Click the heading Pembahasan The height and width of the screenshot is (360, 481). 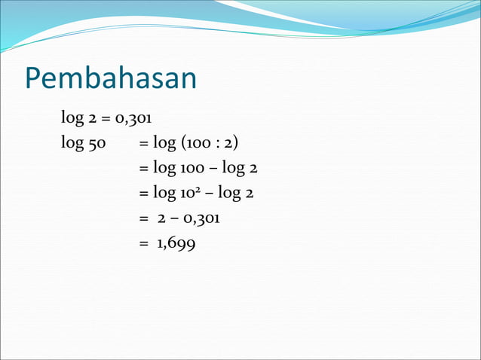point(111,78)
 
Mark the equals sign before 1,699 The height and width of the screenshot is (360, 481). point(143,243)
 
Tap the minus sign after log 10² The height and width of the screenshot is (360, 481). point(210,194)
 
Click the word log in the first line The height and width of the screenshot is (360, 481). point(72,117)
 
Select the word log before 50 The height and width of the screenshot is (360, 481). point(72,143)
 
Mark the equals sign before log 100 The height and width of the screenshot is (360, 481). point(143,169)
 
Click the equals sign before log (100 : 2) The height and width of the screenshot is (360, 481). point(143,144)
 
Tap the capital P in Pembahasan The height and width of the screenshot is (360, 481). point(34,78)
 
